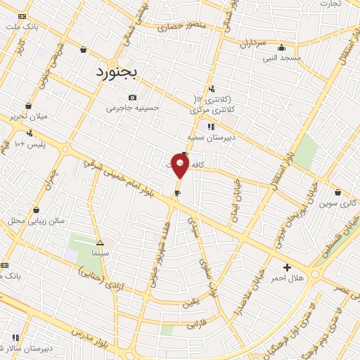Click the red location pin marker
click(x=180, y=166)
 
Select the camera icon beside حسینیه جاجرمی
click(x=132, y=98)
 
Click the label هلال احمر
click(x=287, y=278)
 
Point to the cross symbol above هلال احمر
click(x=287, y=267)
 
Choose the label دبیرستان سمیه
click(x=210, y=138)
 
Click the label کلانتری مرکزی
click(x=211, y=110)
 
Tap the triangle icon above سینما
click(x=100, y=241)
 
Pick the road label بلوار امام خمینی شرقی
click(x=116, y=175)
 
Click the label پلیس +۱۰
click(x=30, y=144)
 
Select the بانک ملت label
click(x=22, y=27)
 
